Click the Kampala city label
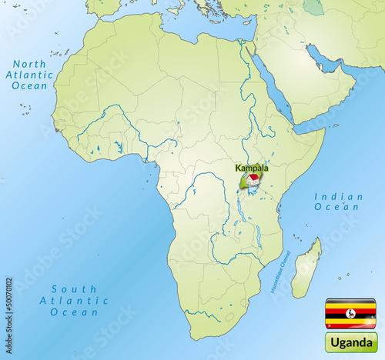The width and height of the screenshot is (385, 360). pyautogui.click(x=252, y=167)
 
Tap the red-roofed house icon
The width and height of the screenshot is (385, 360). pyautogui.click(x=252, y=179)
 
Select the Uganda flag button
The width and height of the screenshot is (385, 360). pyautogui.click(x=350, y=312)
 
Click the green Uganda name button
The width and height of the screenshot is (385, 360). pyautogui.click(x=350, y=342)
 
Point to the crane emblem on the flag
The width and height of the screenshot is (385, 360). pyautogui.click(x=350, y=313)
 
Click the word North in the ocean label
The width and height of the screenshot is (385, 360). pyautogui.click(x=30, y=64)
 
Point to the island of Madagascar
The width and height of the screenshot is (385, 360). pyautogui.click(x=306, y=268)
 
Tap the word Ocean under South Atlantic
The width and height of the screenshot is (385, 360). pyautogui.click(x=75, y=313)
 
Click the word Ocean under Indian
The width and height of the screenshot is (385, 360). pyautogui.click(x=340, y=208)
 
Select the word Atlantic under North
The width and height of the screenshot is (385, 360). pyautogui.click(x=29, y=75)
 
